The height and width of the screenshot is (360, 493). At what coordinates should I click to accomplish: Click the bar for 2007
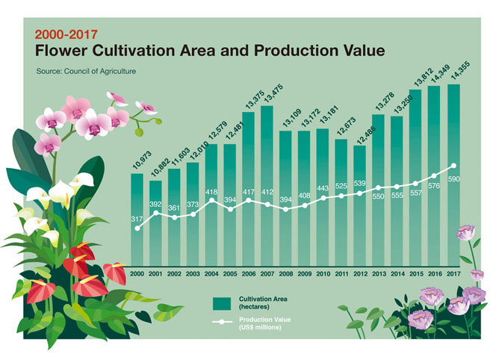click(267, 187)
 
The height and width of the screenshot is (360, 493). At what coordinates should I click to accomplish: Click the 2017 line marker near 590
click(453, 166)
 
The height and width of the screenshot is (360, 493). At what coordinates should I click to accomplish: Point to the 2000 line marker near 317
click(137, 229)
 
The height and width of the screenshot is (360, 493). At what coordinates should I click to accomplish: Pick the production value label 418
click(211, 192)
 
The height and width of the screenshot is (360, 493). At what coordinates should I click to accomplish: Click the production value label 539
click(359, 183)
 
